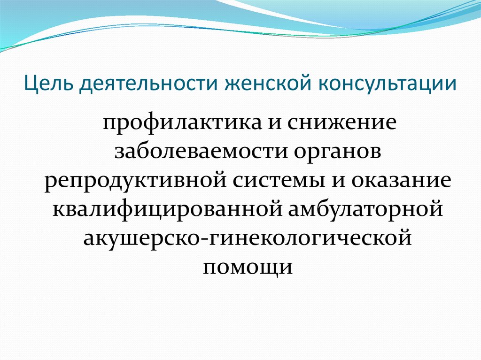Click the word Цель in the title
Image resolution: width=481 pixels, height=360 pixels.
point(48,84)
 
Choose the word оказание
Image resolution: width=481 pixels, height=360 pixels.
point(401,180)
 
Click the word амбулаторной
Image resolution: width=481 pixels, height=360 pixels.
point(365,209)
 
